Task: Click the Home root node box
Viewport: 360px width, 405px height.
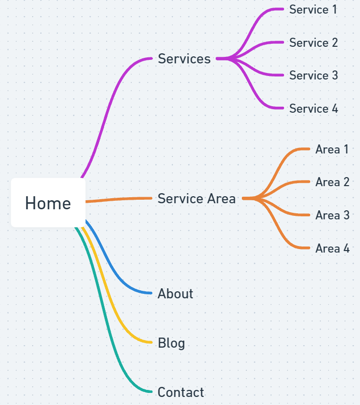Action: click(48, 203)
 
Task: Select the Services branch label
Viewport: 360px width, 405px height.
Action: click(184, 59)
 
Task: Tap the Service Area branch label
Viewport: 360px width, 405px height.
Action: click(197, 199)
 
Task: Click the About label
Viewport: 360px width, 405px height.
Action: click(175, 294)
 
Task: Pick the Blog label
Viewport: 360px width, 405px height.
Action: click(171, 343)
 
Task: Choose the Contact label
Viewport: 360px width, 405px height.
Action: click(181, 392)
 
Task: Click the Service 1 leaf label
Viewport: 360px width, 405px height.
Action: click(313, 10)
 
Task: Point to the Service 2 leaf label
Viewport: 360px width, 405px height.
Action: click(314, 43)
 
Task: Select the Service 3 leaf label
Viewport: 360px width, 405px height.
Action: click(314, 75)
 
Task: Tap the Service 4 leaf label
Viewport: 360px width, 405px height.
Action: click(314, 109)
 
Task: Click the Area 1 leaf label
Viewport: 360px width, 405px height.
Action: click(332, 149)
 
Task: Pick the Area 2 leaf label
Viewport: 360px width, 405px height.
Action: click(332, 182)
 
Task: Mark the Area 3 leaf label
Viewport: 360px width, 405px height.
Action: click(332, 215)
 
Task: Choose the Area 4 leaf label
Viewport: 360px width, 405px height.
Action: click(332, 248)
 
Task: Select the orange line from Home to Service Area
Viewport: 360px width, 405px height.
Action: click(119, 199)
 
